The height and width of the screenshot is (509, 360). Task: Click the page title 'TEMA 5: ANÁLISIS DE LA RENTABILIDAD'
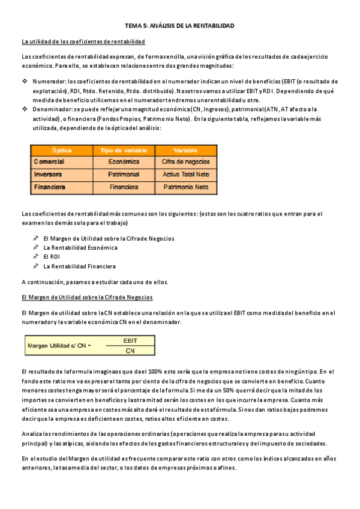(179, 26)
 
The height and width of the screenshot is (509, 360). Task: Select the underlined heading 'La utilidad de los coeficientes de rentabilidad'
(83, 41)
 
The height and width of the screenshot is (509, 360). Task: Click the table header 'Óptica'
(61, 150)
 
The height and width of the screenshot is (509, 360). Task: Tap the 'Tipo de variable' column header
(124, 150)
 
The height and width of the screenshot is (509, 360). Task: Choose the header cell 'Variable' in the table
(185, 150)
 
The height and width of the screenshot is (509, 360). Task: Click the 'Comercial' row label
(49, 162)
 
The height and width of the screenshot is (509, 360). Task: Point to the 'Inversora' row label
(48, 175)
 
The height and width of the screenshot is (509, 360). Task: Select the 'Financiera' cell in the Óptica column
(50, 187)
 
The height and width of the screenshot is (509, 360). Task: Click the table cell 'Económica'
(124, 162)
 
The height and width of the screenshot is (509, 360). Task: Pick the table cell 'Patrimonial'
(124, 175)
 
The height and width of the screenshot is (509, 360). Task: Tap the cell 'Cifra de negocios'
(185, 162)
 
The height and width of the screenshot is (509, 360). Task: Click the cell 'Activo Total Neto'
(185, 175)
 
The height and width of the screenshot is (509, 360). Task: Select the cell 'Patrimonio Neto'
(185, 187)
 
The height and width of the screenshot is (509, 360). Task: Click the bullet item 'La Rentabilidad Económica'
(80, 247)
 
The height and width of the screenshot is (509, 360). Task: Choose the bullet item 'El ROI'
(52, 257)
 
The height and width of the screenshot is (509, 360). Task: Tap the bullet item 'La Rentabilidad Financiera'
(80, 267)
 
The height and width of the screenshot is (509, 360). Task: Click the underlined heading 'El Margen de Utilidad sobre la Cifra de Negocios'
(87, 297)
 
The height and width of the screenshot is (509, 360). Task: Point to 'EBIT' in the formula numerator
(130, 340)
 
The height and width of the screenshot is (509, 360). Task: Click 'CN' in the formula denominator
(130, 350)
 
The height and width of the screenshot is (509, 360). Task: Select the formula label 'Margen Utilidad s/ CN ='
(59, 345)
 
